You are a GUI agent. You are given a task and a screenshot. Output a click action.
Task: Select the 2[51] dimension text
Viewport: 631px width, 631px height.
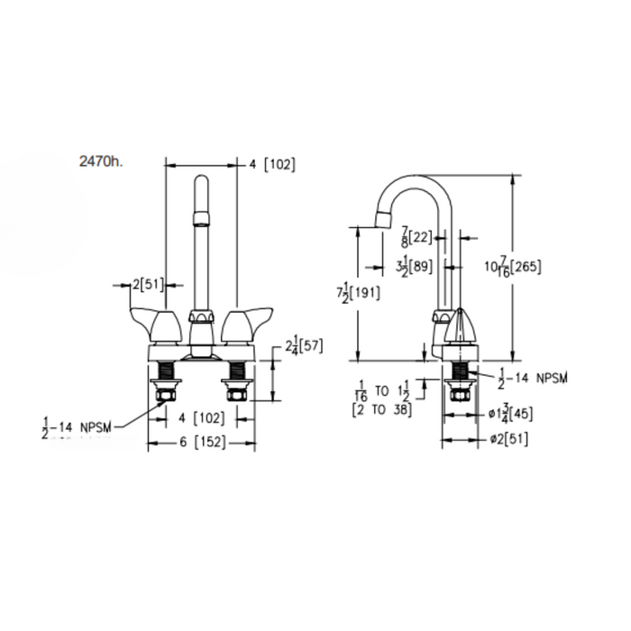coord(147,285)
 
